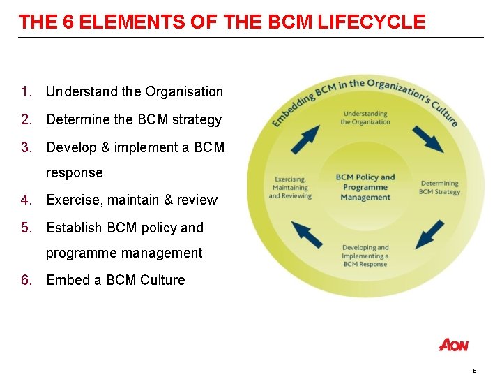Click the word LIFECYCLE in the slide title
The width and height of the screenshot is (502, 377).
point(371,22)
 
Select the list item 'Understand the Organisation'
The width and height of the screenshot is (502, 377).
point(135,91)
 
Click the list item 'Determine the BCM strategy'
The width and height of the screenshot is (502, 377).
point(134,119)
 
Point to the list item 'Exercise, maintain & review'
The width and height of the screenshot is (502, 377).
point(132,200)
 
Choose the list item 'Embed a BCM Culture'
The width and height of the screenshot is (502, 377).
point(116,280)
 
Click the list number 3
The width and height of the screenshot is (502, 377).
point(26,147)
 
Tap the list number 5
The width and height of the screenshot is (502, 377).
point(26,228)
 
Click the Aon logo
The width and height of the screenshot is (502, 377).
point(454,345)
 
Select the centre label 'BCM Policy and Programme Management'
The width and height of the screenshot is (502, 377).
point(365,187)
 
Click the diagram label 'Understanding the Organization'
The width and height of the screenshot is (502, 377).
point(365,118)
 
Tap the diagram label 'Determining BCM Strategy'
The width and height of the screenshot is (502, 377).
point(439,188)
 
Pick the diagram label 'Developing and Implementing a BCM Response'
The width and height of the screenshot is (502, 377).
point(365,256)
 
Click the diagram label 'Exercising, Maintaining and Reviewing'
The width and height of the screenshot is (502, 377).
point(290,187)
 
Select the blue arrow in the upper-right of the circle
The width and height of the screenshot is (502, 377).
point(427,139)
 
